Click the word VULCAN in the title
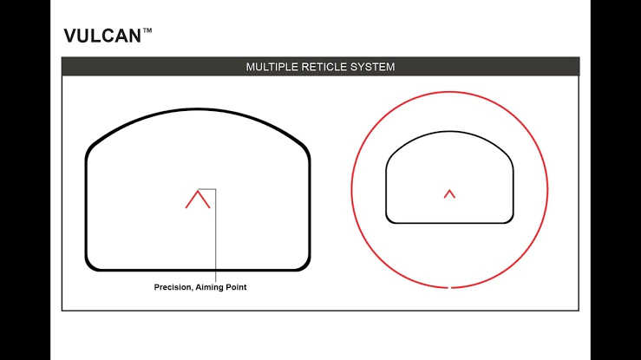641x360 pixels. coord(102,36)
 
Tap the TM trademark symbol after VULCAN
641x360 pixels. coord(147,30)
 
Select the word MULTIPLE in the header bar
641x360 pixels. coord(271,67)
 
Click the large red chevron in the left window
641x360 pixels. coord(198,199)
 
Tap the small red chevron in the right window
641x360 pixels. coord(449,193)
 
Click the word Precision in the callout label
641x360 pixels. coord(173,287)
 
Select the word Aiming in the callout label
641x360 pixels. coord(209,287)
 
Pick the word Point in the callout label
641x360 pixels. coord(236,287)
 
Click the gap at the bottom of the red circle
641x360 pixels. coord(449,288)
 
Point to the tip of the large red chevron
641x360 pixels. coord(198,190)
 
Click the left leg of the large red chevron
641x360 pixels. coord(192,200)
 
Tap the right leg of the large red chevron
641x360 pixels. coord(204,200)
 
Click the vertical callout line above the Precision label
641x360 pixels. coord(215,235)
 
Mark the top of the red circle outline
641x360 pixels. coord(449,92)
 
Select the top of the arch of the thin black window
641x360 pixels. coord(449,132)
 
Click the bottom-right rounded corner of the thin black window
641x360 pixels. coord(510,219)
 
